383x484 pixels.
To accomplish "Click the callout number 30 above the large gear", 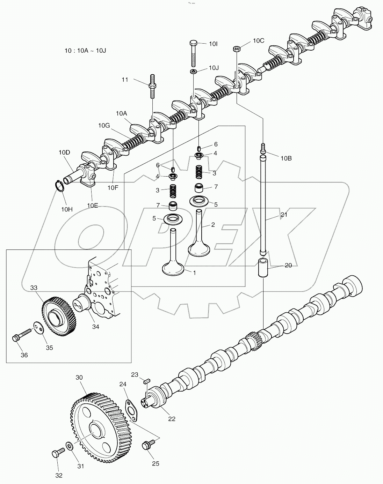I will click(x=79, y=378).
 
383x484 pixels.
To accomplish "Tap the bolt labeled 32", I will click(x=57, y=454).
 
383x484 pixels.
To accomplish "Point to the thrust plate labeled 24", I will click(x=131, y=410).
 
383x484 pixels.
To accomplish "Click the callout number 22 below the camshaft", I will click(x=172, y=418).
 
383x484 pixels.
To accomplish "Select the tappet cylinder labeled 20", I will click(x=263, y=268).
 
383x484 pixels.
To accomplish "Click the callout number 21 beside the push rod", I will click(x=283, y=215).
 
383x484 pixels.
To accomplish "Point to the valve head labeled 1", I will click(x=175, y=269).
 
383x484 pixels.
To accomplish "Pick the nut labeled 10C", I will click(x=236, y=49).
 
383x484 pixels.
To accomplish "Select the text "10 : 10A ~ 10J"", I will click(x=85, y=51).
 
